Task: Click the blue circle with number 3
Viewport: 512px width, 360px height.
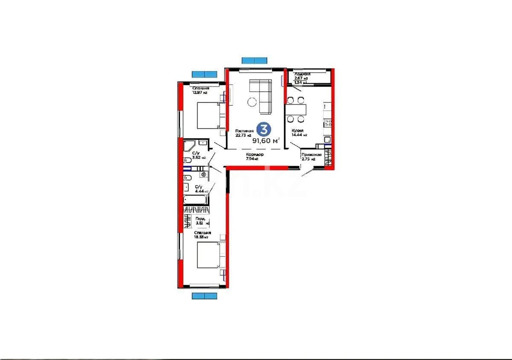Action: [x=265, y=128]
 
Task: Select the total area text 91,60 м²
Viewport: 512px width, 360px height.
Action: [x=266, y=140]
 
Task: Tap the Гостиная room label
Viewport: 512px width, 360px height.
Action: [x=244, y=131]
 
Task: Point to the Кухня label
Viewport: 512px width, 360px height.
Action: [x=297, y=131]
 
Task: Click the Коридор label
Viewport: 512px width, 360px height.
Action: [x=255, y=154]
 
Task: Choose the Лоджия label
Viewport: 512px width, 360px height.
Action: [x=302, y=74]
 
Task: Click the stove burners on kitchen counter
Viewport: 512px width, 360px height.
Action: [x=328, y=123]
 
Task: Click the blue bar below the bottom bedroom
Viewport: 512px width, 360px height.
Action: [x=204, y=296]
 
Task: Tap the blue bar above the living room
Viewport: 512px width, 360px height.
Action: [x=254, y=60]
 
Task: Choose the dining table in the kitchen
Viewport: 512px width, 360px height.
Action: [x=296, y=110]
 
